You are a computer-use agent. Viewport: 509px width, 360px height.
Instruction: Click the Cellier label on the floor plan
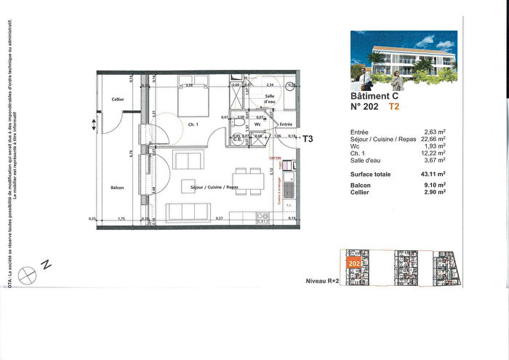click(x=117, y=100)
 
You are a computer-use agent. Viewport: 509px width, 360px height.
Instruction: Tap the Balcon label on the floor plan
click(x=117, y=188)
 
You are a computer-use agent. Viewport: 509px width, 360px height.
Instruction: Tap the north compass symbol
click(x=29, y=273)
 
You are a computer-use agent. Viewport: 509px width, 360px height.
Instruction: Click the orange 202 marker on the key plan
click(x=355, y=263)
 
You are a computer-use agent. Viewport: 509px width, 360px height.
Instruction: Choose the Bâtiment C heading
click(x=374, y=96)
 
